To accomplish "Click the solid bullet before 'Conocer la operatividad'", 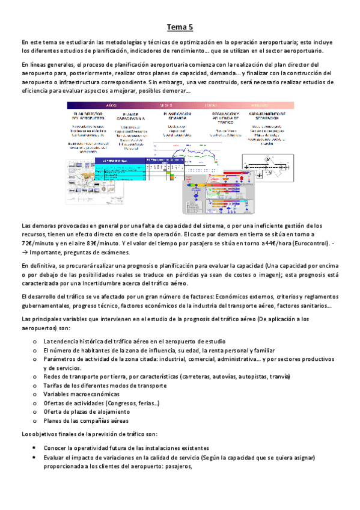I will click(37, 448).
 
